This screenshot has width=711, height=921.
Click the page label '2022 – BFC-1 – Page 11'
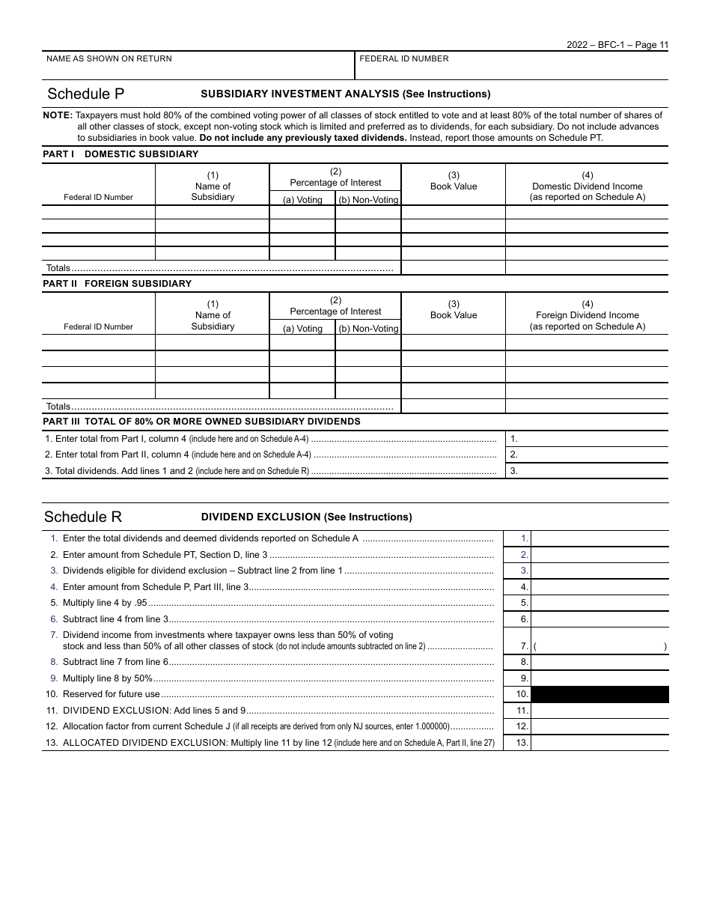pyautogui.click(x=617, y=45)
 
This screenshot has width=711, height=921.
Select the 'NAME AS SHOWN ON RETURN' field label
pyautogui.click(x=109, y=59)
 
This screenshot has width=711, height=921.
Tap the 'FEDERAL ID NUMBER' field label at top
pyautogui.click(x=404, y=59)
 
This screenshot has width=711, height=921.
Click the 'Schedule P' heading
pyautogui.click(x=86, y=94)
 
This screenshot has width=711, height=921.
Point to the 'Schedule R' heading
pyautogui.click(x=83, y=517)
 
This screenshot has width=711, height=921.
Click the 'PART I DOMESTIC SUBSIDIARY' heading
pyautogui.click(x=120, y=154)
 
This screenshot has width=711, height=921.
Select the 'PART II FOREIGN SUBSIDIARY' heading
pyautogui.click(x=117, y=284)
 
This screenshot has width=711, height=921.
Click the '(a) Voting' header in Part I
pyautogui.click(x=302, y=200)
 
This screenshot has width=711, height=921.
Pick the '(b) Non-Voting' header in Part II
pyautogui.click(x=368, y=329)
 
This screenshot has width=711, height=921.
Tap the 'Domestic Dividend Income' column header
pyautogui.click(x=587, y=186)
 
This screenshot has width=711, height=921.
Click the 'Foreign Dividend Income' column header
pyautogui.click(x=587, y=315)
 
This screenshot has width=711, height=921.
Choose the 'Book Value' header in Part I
pyautogui.click(x=454, y=186)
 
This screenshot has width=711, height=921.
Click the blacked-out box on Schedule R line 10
pyautogui.click(x=599, y=694)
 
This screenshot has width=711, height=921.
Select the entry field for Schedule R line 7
pyautogui.click(x=599, y=646)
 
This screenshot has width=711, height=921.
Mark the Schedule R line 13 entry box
pyautogui.click(x=599, y=743)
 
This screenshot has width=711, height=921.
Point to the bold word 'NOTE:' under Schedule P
pyautogui.click(x=58, y=115)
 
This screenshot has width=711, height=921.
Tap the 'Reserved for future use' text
pyautogui.click(x=112, y=694)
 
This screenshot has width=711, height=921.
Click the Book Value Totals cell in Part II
pyautogui.click(x=454, y=407)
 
